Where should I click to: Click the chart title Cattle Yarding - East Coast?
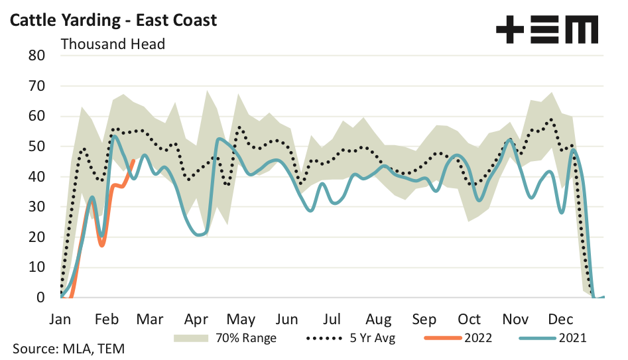112,20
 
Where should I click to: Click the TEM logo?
547,30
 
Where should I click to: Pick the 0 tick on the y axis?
40,298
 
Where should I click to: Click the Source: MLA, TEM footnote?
69,349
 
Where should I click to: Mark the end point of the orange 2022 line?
135,160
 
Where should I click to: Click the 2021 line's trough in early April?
200,235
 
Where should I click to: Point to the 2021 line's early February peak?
115,136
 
